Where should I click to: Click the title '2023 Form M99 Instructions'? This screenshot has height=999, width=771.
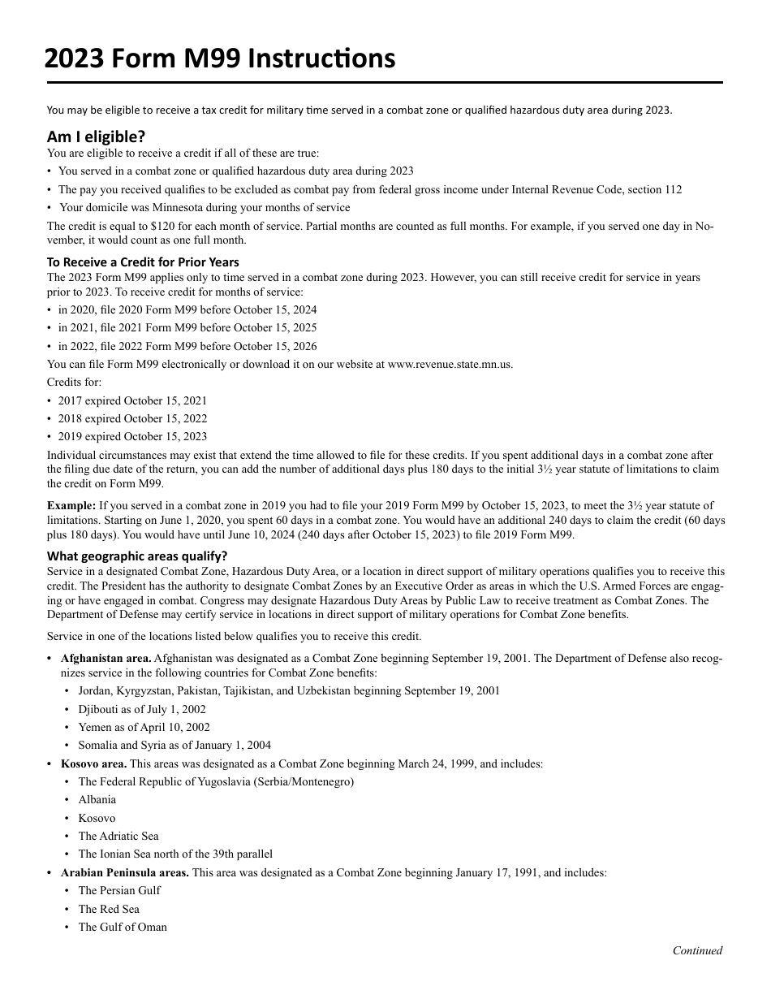click(x=220, y=58)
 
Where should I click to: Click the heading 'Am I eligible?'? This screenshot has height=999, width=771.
click(x=96, y=136)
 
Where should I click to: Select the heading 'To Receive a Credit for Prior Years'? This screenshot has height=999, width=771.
click(x=143, y=262)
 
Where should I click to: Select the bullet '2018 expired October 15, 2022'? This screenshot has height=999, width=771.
click(x=132, y=418)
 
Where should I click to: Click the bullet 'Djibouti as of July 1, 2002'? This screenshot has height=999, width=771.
click(x=142, y=709)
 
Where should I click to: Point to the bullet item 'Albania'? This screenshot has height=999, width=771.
click(x=97, y=799)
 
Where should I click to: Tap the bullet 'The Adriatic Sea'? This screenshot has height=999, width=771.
click(x=118, y=836)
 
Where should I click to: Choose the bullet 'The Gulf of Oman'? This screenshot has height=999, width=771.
click(x=123, y=927)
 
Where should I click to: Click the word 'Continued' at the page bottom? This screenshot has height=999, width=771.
click(x=697, y=950)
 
